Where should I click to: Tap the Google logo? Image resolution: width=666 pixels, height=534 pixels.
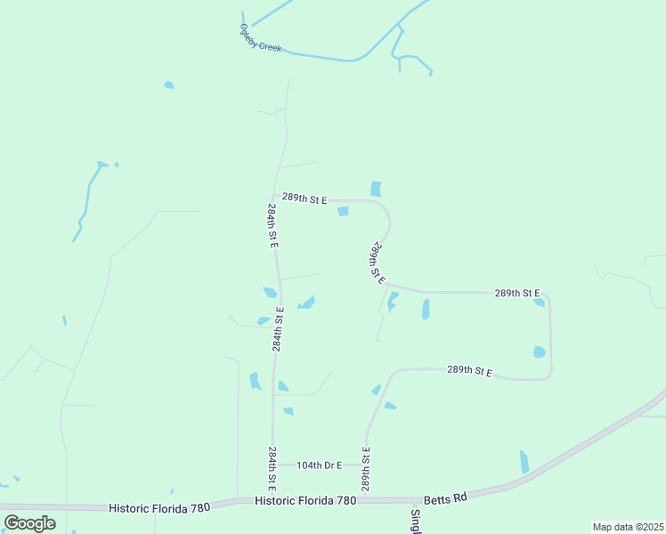[x=29, y=523]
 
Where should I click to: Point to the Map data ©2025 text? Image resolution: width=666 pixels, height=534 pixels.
[x=627, y=527]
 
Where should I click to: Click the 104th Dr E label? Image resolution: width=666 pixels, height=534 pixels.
[x=319, y=465]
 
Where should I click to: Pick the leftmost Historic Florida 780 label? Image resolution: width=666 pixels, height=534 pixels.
[x=159, y=507]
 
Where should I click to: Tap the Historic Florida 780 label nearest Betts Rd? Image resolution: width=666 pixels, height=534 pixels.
[x=305, y=501]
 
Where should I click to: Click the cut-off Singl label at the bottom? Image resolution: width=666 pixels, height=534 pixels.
[x=415, y=520]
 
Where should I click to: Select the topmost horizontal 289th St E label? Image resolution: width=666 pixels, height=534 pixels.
[x=305, y=198]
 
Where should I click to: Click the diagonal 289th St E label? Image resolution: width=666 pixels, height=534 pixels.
[x=378, y=263]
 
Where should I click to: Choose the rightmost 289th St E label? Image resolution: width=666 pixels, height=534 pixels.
[x=517, y=293]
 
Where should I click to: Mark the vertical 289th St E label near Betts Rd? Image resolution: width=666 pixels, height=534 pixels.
[x=365, y=469]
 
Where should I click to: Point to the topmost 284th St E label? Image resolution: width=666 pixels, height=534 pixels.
[x=272, y=226]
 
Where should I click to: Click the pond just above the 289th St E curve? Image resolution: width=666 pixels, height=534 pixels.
[x=376, y=189]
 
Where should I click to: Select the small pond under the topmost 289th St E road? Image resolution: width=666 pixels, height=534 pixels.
[x=343, y=211]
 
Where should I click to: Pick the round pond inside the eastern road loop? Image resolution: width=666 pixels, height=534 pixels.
[x=539, y=352]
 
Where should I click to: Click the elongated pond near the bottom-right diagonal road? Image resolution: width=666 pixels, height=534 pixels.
[x=524, y=461]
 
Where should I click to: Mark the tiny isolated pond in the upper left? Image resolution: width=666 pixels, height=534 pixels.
[x=169, y=85]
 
